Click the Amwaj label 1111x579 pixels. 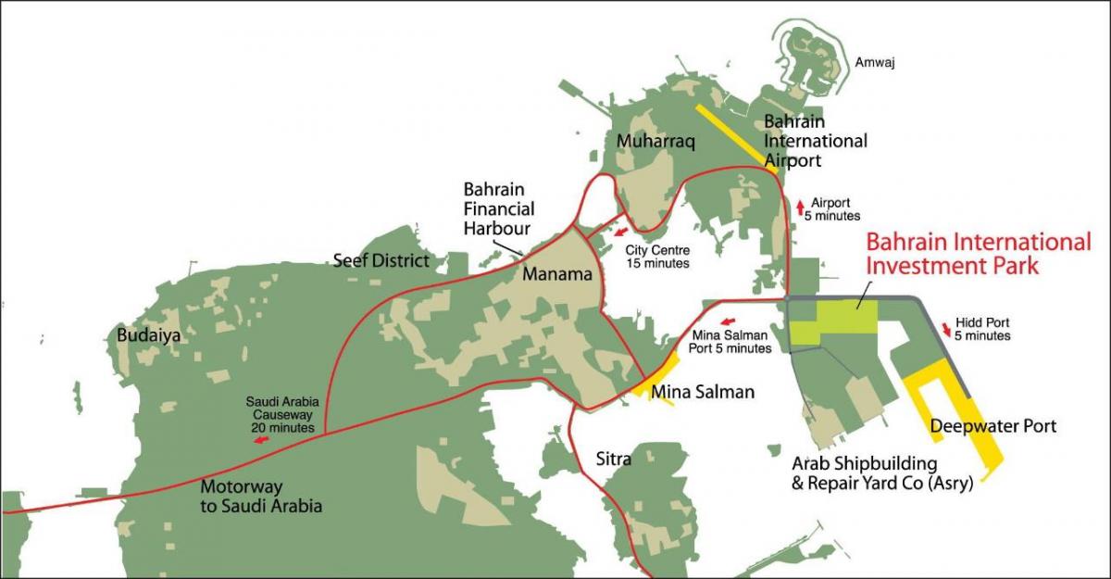[875, 63]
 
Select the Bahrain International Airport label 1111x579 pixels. [815, 141]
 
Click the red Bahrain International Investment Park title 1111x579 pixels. [978, 253]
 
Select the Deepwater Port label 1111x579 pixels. [992, 426]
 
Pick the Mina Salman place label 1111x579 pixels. [703, 392]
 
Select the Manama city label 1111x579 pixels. [555, 274]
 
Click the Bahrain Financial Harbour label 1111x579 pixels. [498, 208]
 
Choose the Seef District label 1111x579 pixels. [381, 260]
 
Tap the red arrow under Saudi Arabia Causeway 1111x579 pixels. [262, 441]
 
